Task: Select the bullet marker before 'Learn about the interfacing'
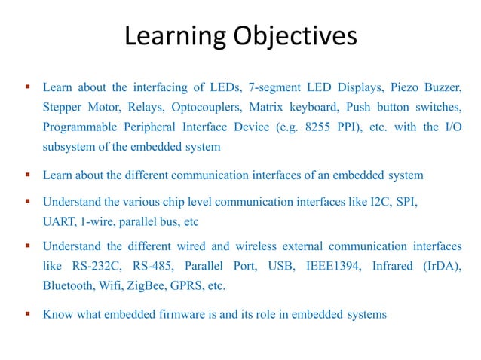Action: click(x=28, y=87)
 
